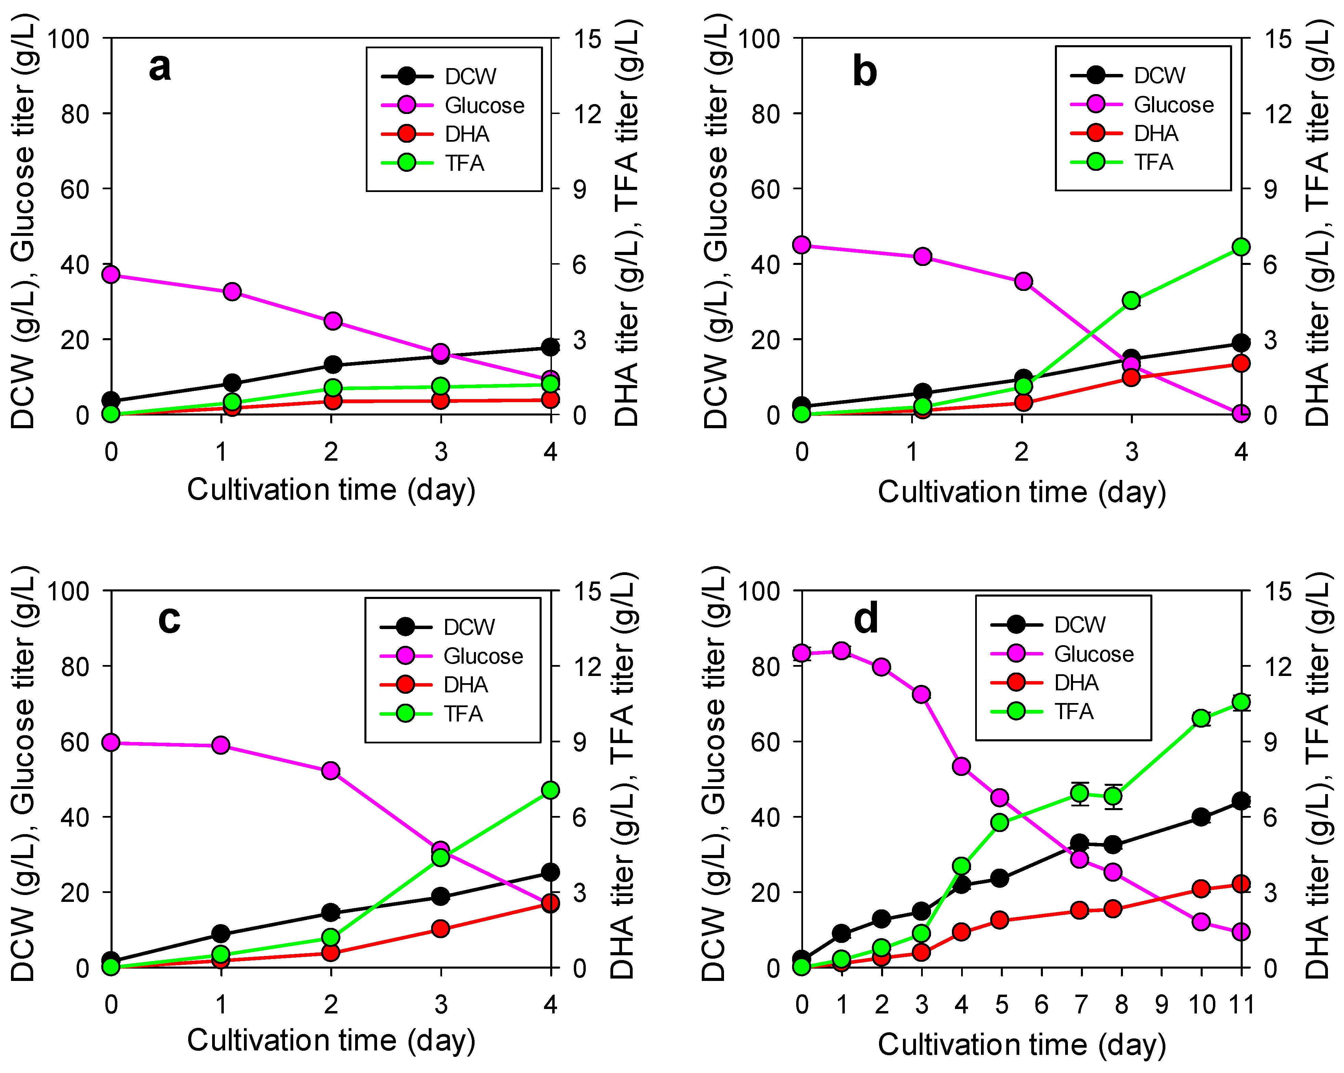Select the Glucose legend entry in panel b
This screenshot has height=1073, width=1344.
point(1142,104)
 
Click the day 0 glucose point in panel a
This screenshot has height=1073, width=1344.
point(111,274)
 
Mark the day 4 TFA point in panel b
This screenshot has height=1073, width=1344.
point(1241,247)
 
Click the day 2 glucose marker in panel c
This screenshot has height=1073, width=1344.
point(331,771)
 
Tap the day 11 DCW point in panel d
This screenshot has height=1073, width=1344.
point(1241,801)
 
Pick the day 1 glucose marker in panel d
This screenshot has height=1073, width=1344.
point(842,650)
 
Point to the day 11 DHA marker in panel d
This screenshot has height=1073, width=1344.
point(1241,884)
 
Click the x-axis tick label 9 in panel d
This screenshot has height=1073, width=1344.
point(1161,1005)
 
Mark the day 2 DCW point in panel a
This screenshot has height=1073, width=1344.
point(333,365)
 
